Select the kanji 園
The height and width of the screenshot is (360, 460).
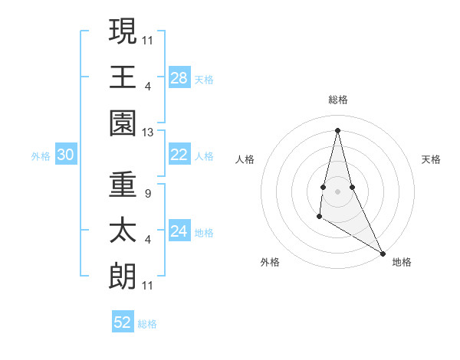123,122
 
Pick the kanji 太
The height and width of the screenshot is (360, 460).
123,231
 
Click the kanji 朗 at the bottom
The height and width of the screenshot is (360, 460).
123,277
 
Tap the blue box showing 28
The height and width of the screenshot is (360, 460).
179,77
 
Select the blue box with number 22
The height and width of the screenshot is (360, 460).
179,155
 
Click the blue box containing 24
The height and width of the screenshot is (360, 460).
179,231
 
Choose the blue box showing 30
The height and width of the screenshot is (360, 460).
66,155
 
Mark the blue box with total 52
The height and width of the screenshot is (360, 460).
123,322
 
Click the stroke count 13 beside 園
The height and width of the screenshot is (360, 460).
148,133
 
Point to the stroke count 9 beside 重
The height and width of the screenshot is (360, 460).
147,194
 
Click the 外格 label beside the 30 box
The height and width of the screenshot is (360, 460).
41,155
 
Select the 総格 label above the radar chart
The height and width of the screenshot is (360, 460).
337,100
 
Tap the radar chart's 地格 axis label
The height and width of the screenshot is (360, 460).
402,262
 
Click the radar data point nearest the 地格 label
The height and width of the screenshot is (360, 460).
383,254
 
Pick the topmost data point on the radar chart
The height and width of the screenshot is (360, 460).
337,129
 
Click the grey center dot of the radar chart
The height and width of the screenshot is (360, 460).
337,191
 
